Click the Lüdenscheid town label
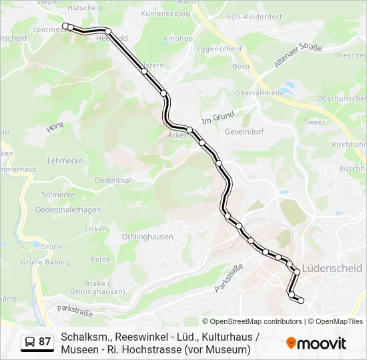point(332,268)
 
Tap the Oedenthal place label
point(112,180)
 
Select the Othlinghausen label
point(147,237)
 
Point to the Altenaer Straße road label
point(298,55)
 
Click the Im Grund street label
point(218,116)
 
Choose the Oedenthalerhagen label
point(67,209)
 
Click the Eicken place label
point(95,229)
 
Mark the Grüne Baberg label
point(45,262)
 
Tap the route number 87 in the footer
point(45,342)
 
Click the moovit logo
point(316,343)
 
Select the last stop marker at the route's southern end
point(301,301)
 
